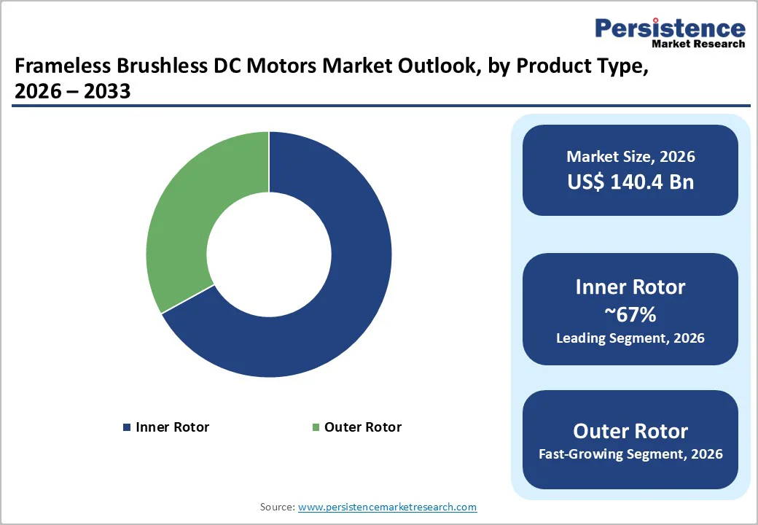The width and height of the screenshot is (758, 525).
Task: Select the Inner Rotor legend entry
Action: click(x=172, y=427)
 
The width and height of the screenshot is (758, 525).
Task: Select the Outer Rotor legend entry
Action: click(x=362, y=427)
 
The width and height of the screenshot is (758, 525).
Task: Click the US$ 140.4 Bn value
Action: click(x=630, y=182)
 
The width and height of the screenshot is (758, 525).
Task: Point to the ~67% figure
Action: click(x=630, y=314)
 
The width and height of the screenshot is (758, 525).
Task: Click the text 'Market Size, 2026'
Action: click(x=630, y=157)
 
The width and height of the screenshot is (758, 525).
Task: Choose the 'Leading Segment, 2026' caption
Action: click(x=630, y=338)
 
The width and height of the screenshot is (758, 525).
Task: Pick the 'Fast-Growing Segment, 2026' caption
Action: click(x=630, y=454)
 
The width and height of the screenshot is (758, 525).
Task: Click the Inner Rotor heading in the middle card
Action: click(x=630, y=287)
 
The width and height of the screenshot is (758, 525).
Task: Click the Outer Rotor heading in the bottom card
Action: click(x=630, y=431)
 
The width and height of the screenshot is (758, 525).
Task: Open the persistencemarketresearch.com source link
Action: click(x=387, y=507)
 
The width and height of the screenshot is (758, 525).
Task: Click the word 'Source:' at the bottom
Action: click(x=277, y=507)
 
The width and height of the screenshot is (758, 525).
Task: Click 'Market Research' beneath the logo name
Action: click(x=698, y=44)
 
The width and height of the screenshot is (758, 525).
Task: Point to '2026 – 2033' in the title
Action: click(x=72, y=92)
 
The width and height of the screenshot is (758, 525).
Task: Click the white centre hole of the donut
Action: click(x=269, y=255)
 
